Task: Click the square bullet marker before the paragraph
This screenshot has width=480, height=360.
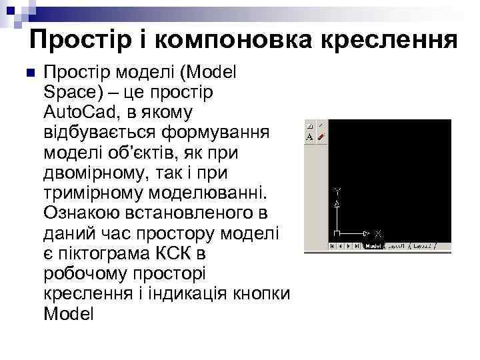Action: pos(27,73)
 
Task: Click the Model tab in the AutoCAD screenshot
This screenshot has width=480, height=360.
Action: pos(373,246)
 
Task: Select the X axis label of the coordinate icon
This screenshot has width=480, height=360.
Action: pos(379,234)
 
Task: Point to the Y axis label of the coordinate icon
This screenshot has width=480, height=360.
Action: pos(338,191)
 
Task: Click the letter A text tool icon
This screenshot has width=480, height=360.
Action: pos(309,136)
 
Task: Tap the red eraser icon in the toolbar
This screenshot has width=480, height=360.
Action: pos(321,136)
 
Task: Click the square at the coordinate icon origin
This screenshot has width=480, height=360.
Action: pos(337,234)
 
